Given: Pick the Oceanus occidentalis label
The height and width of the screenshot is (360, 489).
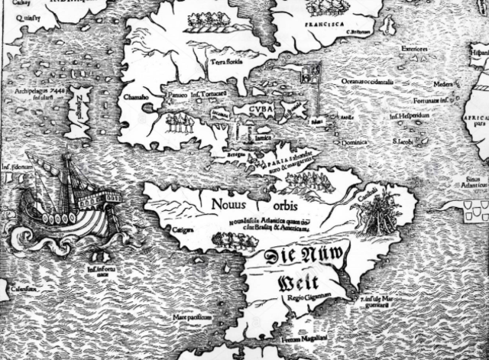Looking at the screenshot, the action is (x=368, y=82).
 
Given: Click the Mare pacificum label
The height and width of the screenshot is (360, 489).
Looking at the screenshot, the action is (x=187, y=314).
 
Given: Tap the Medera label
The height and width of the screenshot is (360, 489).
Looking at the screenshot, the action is (x=442, y=83).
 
